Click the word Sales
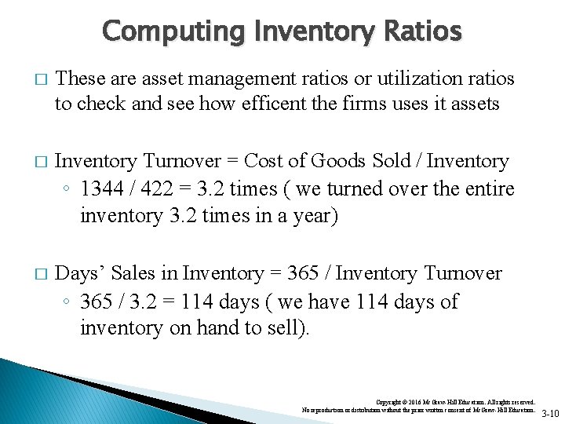click(134, 273)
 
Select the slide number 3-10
click(551, 414)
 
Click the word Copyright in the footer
click(392, 401)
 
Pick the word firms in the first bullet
click(363, 104)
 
